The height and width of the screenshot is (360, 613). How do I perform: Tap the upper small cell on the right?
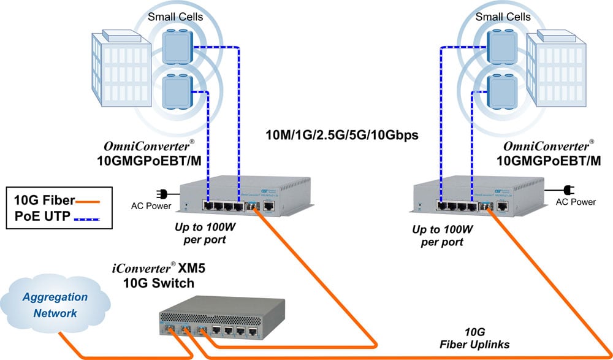500,44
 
